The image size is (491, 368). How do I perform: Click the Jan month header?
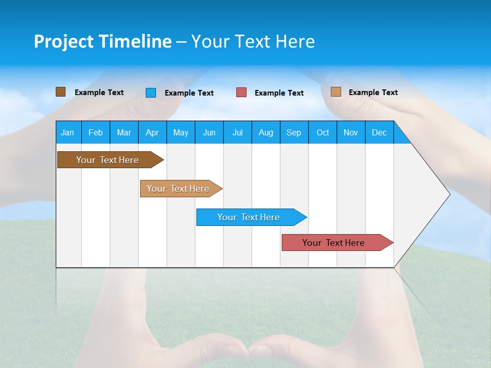68,133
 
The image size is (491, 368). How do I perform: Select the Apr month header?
152,133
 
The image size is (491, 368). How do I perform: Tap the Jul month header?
238,133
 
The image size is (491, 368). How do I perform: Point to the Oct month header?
323,133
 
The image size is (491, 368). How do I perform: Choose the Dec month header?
379,133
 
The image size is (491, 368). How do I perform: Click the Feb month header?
96,133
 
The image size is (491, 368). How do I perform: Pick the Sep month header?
294,133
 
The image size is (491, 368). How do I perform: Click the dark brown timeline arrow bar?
110,159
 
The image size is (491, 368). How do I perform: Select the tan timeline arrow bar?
181,189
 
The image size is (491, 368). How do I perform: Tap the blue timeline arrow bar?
252,217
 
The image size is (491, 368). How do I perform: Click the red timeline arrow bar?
338,242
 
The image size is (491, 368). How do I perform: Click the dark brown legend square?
60,92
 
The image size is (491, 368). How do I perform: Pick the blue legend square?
150,93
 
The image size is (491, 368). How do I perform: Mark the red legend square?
241,93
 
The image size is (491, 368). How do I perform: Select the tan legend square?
336,91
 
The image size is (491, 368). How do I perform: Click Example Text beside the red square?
279,93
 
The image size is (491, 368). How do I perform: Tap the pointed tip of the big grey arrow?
450,194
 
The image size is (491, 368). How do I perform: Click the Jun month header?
209,133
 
